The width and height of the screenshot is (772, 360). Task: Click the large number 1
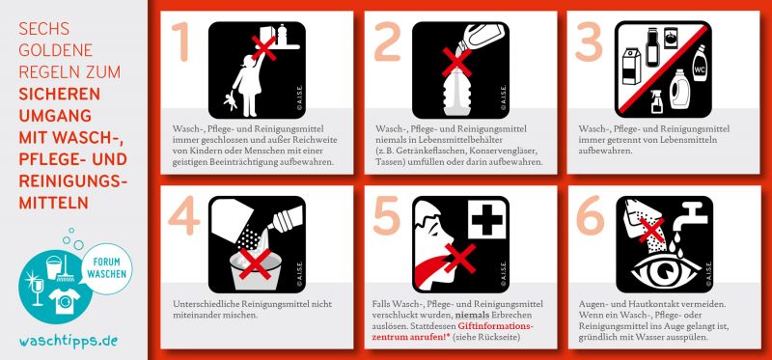180,42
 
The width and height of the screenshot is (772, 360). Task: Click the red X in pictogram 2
456,63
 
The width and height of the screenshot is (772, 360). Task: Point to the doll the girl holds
230,100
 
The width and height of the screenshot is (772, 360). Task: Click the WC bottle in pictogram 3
699,64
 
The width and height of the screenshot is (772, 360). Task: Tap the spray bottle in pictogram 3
656,101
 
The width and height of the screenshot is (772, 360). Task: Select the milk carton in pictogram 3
632,66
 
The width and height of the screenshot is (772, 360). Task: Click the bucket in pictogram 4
255,270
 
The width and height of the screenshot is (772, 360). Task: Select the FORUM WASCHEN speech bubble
107,269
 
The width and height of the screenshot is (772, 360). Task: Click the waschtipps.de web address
69,341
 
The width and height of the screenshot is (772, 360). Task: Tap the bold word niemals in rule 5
468,315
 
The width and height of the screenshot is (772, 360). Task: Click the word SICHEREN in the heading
60,94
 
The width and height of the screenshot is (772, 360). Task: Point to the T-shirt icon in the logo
64,301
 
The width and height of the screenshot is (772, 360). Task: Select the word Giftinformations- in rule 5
496,326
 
